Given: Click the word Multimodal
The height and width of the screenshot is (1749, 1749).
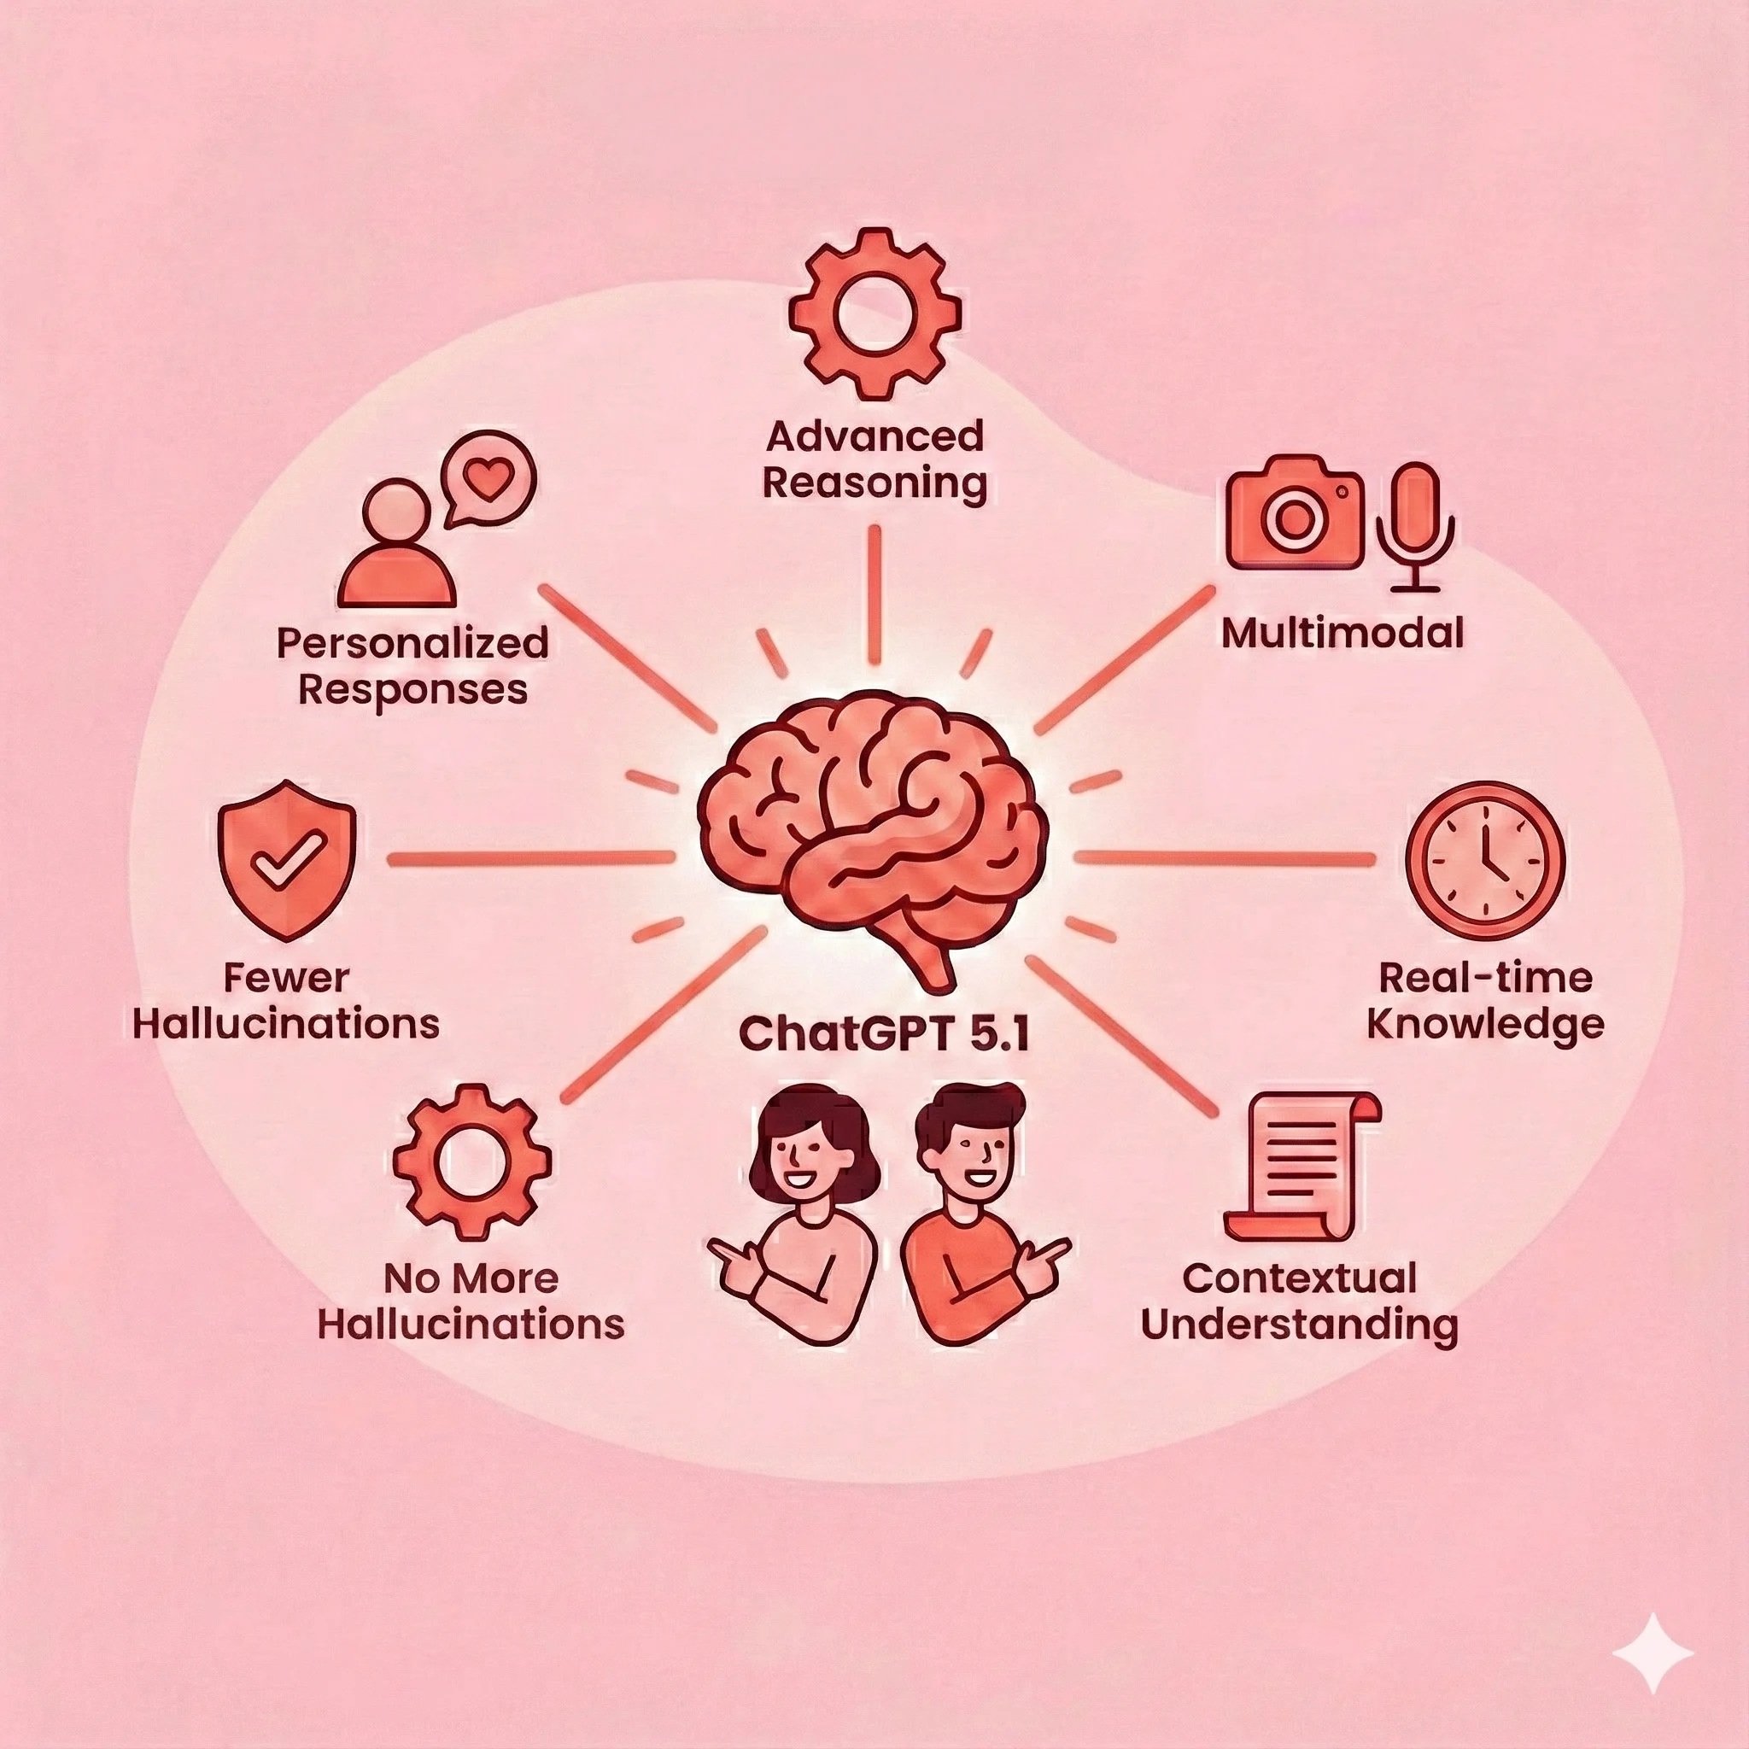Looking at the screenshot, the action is click(1342, 633).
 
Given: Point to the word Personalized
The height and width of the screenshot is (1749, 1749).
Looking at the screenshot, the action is click(412, 644).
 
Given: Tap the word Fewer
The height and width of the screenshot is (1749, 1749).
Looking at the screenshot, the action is click(286, 978).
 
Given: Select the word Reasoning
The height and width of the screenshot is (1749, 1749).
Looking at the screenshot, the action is click(874, 483).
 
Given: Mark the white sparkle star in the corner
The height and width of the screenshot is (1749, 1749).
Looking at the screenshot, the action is click(1653, 1653).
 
